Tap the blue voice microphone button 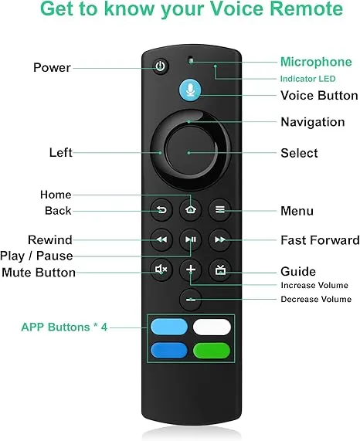[190, 90]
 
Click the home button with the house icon [191, 210]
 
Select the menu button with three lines [220, 210]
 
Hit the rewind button [161, 239]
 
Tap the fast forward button [220, 239]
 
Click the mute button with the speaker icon [161, 270]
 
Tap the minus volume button [191, 300]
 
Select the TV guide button [220, 270]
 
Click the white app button [212, 327]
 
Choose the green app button [212, 351]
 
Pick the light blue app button [169, 327]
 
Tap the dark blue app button [169, 351]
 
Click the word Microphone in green [316, 62]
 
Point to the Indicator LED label [308, 79]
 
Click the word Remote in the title [306, 8]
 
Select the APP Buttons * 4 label [64, 327]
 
